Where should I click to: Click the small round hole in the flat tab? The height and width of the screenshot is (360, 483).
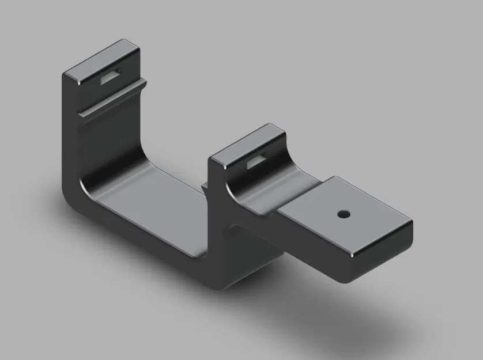(344, 214)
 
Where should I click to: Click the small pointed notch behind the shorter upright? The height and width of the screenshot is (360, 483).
(205, 185)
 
